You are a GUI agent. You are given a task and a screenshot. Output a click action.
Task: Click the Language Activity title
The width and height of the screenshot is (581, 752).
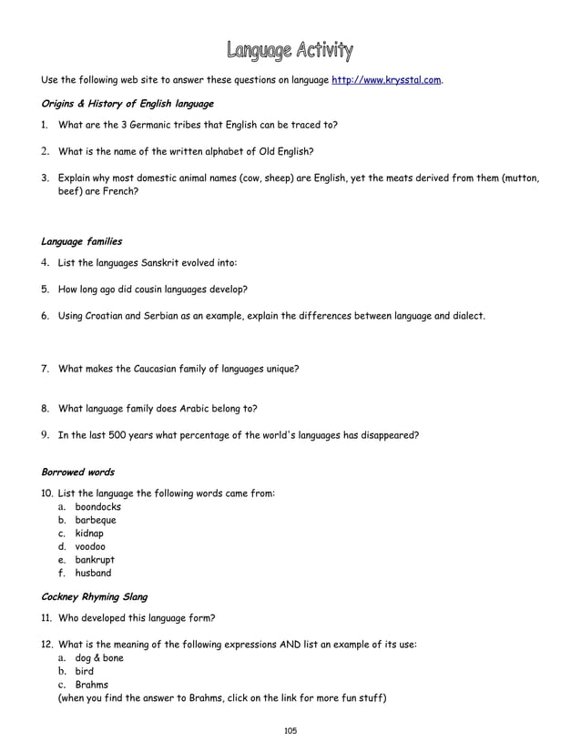290,49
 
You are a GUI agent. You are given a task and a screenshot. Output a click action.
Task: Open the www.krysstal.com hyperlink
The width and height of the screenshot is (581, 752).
387,81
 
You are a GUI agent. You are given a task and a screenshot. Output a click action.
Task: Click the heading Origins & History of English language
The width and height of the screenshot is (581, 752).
127,103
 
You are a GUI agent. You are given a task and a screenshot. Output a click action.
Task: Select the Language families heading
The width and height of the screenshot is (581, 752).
82,242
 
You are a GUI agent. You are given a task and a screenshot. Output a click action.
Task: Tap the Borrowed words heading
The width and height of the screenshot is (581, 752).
78,473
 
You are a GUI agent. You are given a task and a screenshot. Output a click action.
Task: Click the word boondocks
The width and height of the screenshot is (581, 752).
98,507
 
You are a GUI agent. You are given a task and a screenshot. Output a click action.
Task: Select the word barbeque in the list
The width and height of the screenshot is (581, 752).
96,521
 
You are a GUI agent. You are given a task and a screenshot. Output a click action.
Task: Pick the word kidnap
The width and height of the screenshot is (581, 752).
89,534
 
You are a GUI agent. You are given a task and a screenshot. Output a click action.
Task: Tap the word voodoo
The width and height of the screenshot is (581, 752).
90,547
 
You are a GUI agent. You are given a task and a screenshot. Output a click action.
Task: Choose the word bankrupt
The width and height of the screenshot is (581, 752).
95,560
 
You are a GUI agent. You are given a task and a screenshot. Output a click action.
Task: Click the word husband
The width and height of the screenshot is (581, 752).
93,574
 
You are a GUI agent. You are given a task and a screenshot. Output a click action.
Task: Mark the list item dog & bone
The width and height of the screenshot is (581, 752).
99,658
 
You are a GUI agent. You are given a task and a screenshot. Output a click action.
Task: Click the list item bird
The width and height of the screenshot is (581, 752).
85,671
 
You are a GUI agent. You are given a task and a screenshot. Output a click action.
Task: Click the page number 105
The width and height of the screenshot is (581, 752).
290,731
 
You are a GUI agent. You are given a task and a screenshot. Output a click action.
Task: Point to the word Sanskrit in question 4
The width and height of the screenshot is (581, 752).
165,263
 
